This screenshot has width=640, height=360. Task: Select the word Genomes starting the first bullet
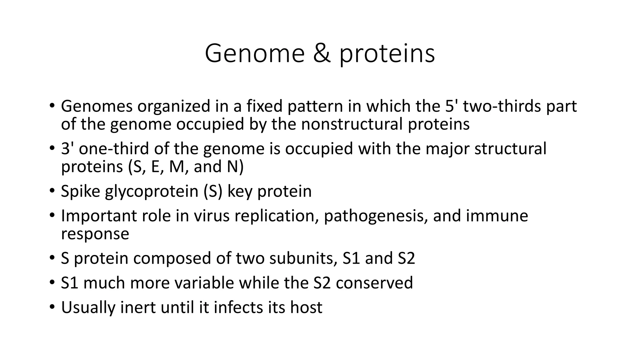click(97, 107)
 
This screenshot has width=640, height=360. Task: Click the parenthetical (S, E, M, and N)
click(186, 167)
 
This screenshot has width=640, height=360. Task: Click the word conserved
click(374, 283)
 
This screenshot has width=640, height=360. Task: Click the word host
click(306, 307)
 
